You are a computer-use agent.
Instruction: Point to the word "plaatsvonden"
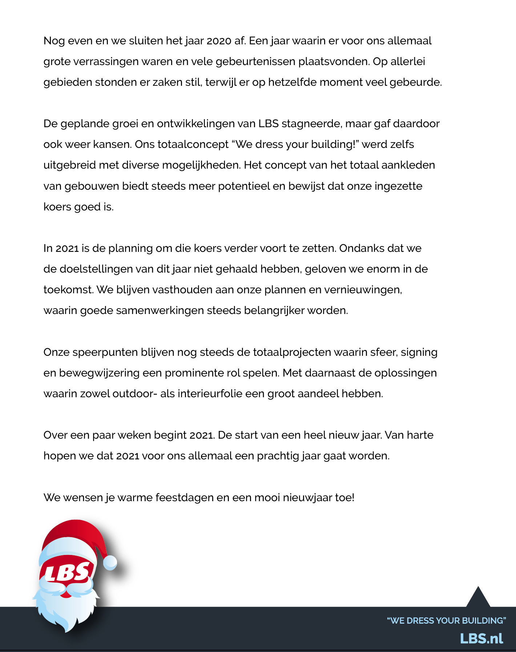click(334, 62)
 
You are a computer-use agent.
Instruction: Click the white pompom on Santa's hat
click(110, 562)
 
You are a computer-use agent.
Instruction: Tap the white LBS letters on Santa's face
click(67, 572)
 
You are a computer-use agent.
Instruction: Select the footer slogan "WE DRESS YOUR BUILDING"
click(447, 620)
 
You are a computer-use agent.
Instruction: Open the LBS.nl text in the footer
click(481, 639)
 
